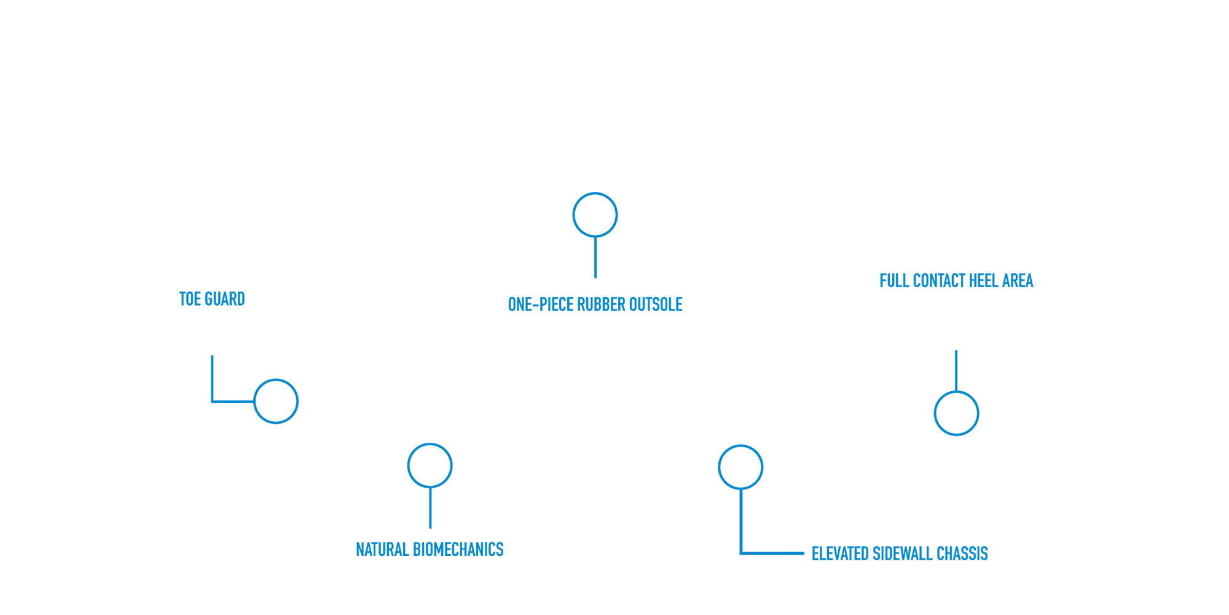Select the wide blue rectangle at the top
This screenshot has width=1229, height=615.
[x=729, y=234]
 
